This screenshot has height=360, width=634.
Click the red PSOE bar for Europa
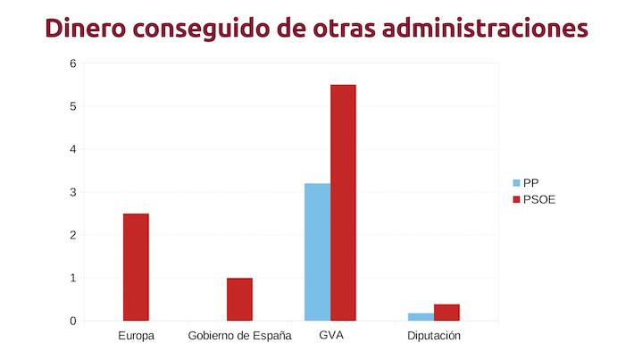pos(136,267)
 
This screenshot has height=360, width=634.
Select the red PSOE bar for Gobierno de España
pos(239,299)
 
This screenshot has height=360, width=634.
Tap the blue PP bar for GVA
pos(317,252)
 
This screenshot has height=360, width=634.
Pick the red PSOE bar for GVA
pos(343,203)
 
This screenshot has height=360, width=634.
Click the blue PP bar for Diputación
pos(421,316)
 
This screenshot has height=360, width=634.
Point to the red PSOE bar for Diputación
pos(446,312)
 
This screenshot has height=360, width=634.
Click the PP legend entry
pos(530,182)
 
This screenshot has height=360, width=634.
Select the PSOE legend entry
pos(538,199)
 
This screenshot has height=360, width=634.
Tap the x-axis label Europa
pos(136,337)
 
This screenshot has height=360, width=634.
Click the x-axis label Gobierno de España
pos(239,337)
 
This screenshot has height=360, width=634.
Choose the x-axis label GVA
pos(330,337)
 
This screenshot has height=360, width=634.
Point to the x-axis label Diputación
pos(434,337)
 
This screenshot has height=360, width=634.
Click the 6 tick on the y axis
pos(72,63)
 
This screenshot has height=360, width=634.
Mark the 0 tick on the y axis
pos(72,321)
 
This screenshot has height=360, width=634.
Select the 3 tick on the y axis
pos(72,192)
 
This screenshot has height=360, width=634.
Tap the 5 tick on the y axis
pos(72,106)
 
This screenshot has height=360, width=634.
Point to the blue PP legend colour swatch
pos(515,182)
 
